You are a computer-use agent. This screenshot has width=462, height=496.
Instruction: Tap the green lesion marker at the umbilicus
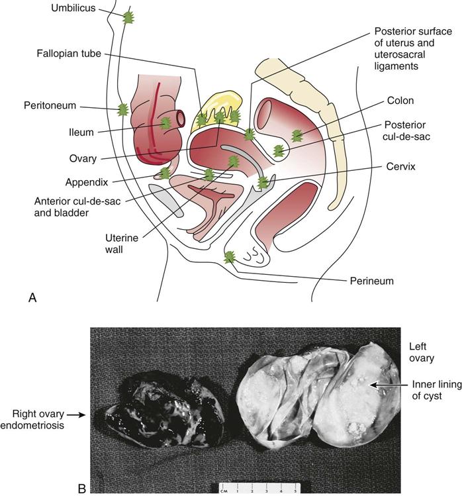point(128,18)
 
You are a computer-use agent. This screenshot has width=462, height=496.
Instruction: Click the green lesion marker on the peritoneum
point(122,111)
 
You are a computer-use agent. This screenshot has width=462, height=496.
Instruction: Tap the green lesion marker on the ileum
point(165,123)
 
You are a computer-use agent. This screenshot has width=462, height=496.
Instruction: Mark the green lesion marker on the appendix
point(165,174)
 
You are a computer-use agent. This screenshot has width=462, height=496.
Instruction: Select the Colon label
point(398,101)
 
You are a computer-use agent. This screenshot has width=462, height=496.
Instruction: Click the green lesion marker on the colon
point(297,136)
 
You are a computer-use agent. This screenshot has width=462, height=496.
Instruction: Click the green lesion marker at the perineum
point(229,257)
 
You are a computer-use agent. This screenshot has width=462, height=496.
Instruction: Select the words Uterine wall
point(121,244)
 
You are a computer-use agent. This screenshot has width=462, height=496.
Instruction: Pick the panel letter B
point(82,488)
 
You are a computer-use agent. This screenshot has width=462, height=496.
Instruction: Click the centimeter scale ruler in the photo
point(259,489)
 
